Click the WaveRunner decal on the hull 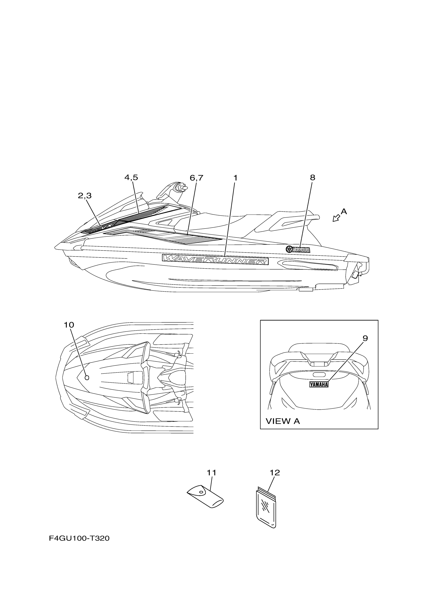[x=215, y=259]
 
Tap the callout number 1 [x=235, y=178]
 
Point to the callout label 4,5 [x=131, y=177]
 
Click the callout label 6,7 [x=196, y=178]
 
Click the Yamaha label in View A [x=319, y=384]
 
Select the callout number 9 [x=365, y=338]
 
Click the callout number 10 [x=69, y=325]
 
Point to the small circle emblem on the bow [x=87, y=378]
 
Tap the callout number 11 [x=211, y=473]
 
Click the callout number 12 [x=275, y=473]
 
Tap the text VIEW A [x=283, y=421]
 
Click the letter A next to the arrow [x=344, y=212]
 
